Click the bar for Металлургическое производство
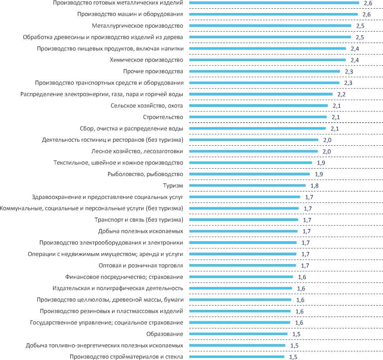click(x=270, y=26)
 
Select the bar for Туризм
click(x=247, y=185)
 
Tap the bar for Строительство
click(x=258, y=117)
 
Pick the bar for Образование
click(x=238, y=334)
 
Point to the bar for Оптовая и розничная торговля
click(x=243, y=265)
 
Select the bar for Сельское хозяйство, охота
click(x=258, y=105)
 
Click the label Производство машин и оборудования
click(x=130, y=15)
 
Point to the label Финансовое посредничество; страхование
click(x=124, y=277)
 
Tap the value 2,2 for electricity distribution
click(x=341, y=95)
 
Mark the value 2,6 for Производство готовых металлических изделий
click(x=367, y=3)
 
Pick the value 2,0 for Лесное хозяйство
click(x=325, y=152)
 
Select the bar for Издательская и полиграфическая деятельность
click(x=241, y=288)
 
